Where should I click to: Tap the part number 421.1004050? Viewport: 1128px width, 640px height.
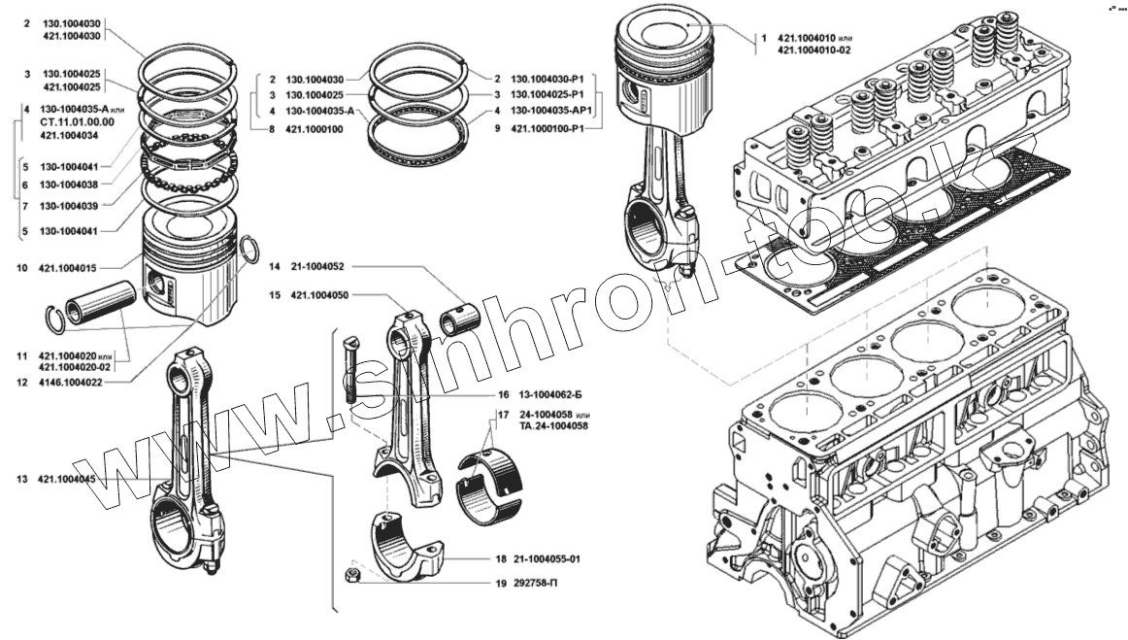pos(320,294)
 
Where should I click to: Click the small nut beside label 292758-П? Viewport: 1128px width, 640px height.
pos(354,576)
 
